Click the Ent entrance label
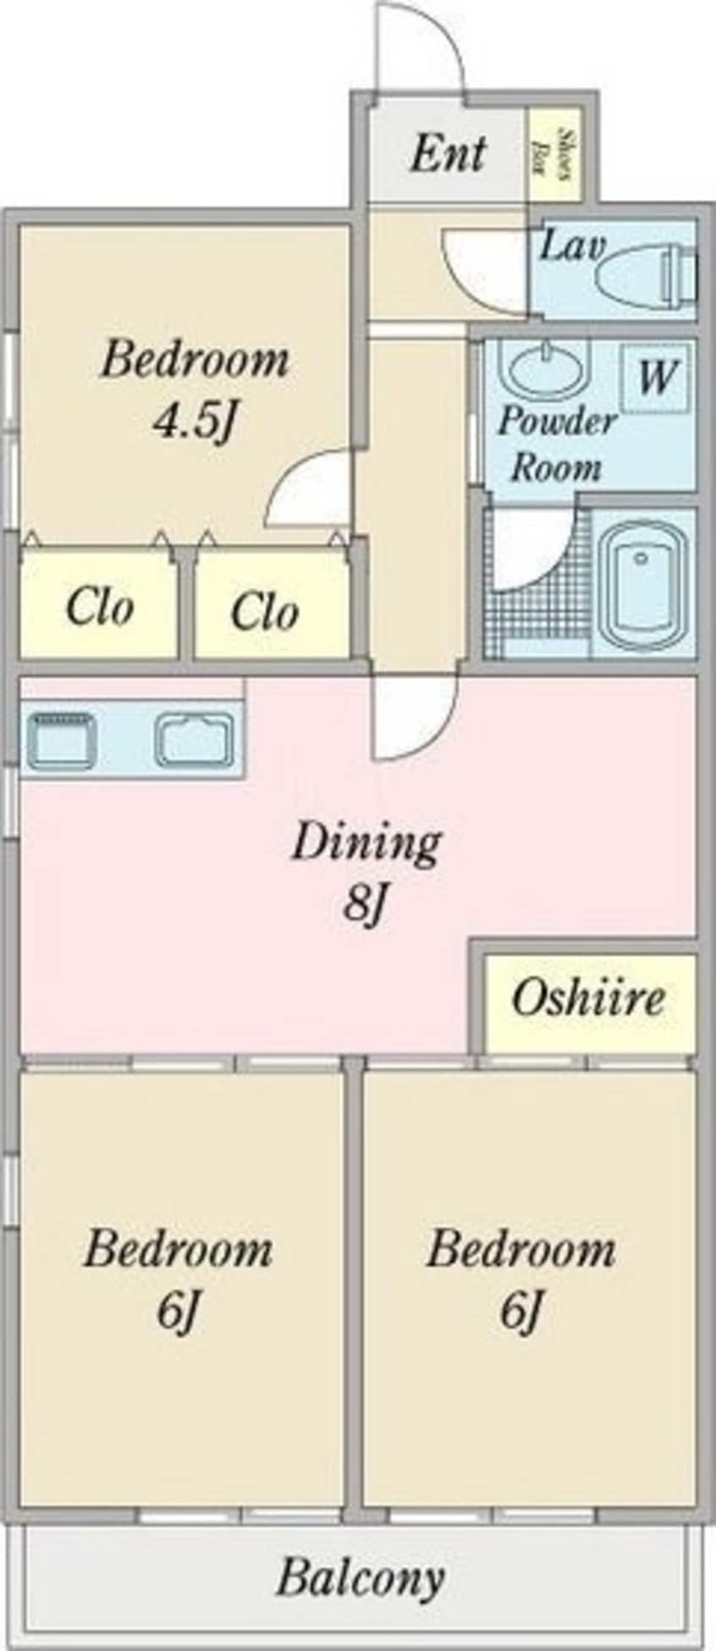[x=449, y=154]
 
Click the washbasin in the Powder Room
[x=541, y=367]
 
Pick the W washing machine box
[x=657, y=376]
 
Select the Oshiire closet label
[x=587, y=998]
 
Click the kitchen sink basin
[x=195, y=739]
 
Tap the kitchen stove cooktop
[x=62, y=739]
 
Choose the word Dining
[x=366, y=843]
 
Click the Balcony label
[x=360, y=1577]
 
